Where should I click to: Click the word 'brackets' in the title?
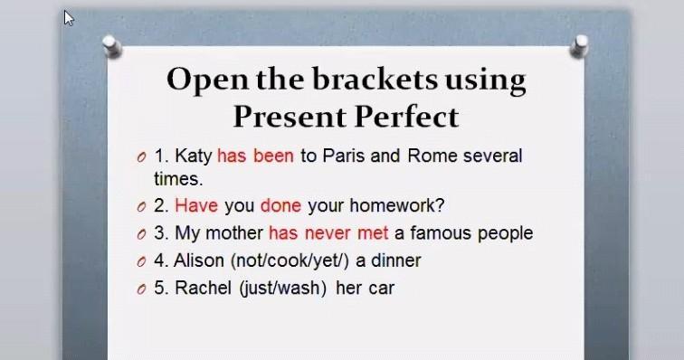coord(375,80)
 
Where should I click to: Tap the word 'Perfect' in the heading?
coord(406,117)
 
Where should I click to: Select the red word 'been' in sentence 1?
coord(273,156)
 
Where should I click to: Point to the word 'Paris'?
coord(343,156)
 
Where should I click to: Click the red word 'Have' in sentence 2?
coord(196,205)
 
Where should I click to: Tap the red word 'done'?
coord(280,205)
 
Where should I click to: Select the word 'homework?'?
coord(397,205)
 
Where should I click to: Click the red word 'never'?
coord(328,233)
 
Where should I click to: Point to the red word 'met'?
coord(373,233)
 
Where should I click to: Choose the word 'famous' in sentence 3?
coord(441,233)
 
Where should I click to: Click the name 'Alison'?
coord(199,261)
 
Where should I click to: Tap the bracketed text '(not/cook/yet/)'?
coord(290,261)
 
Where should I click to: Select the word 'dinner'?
coord(396,261)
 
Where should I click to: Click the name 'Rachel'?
coord(203,288)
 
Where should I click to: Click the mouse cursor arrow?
coord(69,18)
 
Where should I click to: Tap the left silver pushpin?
coord(111,46)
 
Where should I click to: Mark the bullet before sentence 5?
coord(141,289)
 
